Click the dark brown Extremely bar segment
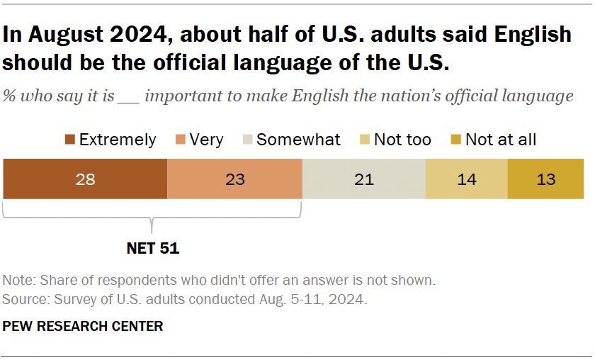85,179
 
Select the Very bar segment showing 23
234,179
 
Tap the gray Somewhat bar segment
364,179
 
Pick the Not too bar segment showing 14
466,179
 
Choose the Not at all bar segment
546,179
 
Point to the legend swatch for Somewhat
245,140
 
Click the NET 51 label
153,248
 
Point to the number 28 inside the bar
85,179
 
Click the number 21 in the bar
364,179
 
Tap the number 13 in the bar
546,179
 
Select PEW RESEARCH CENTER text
83,326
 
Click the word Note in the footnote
17,280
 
